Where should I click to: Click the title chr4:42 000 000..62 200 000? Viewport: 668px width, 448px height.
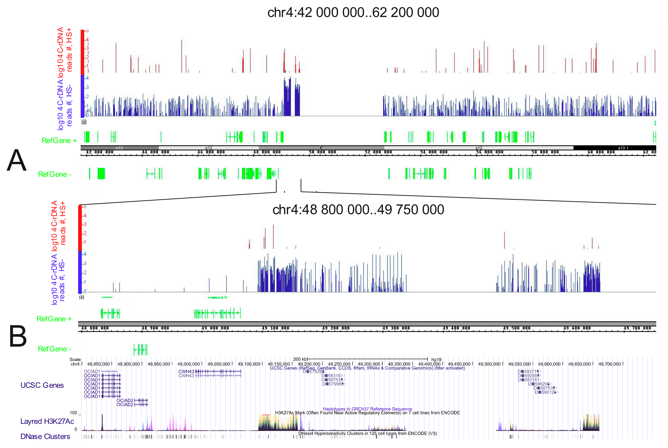[x=353, y=12]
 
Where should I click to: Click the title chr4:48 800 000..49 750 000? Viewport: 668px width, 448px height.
[x=358, y=210]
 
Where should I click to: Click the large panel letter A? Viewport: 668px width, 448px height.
[x=16, y=161]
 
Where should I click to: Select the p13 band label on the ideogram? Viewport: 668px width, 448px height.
[x=119, y=148]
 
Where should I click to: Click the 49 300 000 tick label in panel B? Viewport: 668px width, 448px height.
[x=396, y=328]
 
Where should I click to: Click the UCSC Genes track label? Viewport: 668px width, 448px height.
[x=42, y=385]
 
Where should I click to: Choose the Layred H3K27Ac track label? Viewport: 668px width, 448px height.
[x=47, y=421]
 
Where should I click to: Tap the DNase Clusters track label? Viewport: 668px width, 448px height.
[x=45, y=436]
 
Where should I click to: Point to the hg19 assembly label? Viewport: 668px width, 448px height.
[x=436, y=359]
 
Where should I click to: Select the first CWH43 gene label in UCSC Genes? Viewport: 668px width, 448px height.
[x=186, y=371]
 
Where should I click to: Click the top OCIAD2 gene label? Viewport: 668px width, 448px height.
[x=125, y=400]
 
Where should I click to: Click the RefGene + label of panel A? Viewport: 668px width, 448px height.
[x=59, y=141]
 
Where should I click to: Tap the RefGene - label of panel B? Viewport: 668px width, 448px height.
[x=55, y=349]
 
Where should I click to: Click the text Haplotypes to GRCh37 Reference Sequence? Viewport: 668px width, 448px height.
[x=367, y=409]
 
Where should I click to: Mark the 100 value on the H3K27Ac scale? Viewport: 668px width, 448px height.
[x=73, y=413]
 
